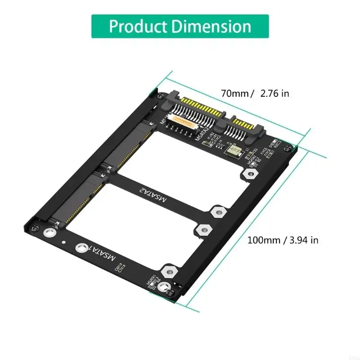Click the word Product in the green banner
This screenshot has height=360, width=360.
138,26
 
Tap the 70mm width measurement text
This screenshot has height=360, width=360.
235,94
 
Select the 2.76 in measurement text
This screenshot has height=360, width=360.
273,94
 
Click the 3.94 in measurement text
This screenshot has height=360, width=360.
303,240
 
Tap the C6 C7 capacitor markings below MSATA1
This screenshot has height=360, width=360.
120,270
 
